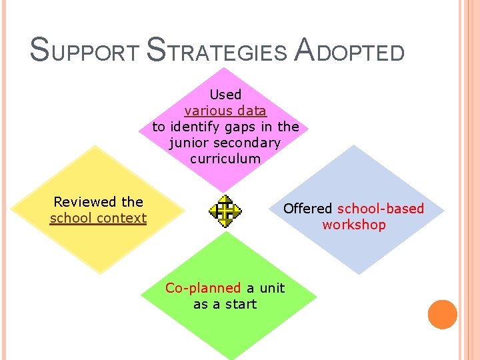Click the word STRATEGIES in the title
pyautogui.click(x=215, y=50)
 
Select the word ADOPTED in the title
pyautogui.click(x=349, y=50)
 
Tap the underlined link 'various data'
pyautogui.click(x=225, y=111)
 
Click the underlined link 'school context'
pyautogui.click(x=98, y=218)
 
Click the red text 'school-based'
pyautogui.click(x=381, y=209)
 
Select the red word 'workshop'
pyautogui.click(x=353, y=225)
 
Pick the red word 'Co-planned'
pyautogui.click(x=203, y=288)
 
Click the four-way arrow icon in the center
pyautogui.click(x=226, y=211)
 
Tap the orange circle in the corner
pyautogui.click(x=442, y=315)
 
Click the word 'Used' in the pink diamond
pyautogui.click(x=225, y=95)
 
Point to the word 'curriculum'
pyautogui.click(x=225, y=159)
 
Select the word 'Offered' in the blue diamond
pyautogui.click(x=307, y=209)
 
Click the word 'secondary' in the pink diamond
pyautogui.click(x=253, y=143)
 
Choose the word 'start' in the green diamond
pyautogui.click(x=241, y=304)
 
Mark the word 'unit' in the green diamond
pyautogui.click(x=272, y=288)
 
